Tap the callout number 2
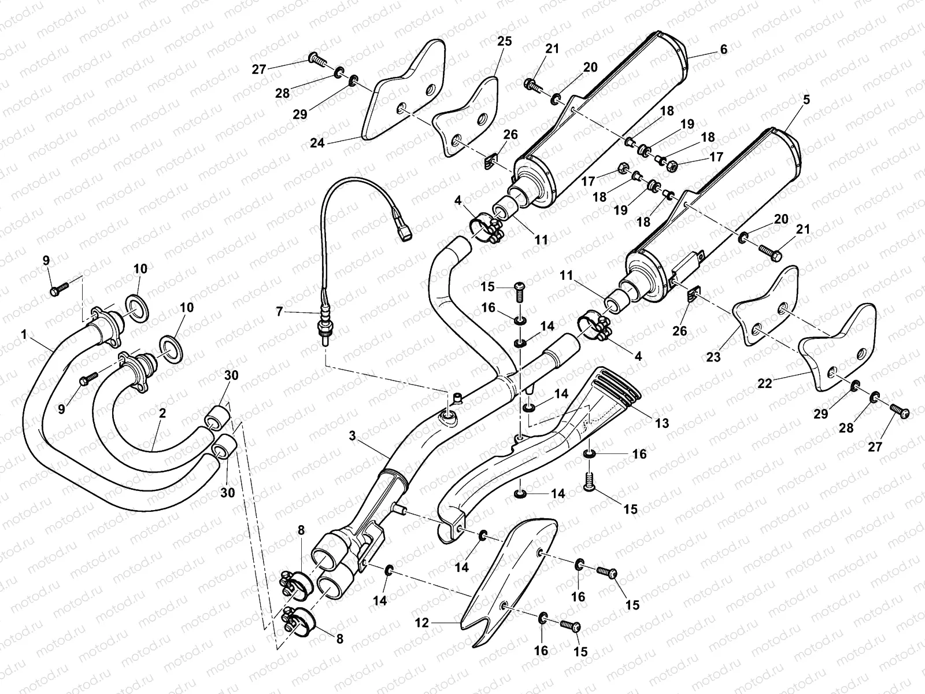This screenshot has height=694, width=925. click(x=162, y=413)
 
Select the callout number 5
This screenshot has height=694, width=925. click(x=806, y=99)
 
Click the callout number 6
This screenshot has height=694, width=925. click(x=723, y=50)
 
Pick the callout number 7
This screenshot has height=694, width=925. click(x=280, y=312)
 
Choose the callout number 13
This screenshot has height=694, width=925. click(x=662, y=423)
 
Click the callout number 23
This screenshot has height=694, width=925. click(x=713, y=357)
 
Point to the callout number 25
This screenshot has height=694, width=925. click(x=504, y=42)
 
